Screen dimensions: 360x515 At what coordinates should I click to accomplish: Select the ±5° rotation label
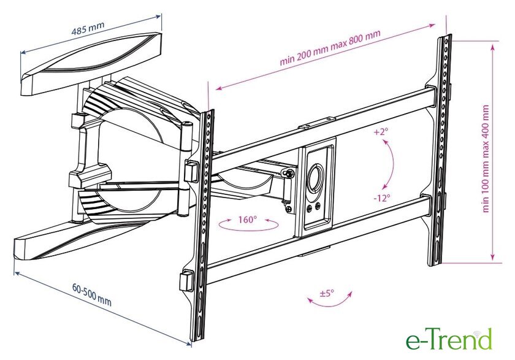click(326, 293)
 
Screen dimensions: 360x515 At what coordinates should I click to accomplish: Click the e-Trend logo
click(449, 339)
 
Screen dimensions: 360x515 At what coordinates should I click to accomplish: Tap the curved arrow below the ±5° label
click(329, 301)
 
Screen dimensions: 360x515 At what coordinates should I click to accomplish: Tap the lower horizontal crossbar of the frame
click(319, 241)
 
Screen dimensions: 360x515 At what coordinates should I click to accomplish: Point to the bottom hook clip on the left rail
click(186, 281)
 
